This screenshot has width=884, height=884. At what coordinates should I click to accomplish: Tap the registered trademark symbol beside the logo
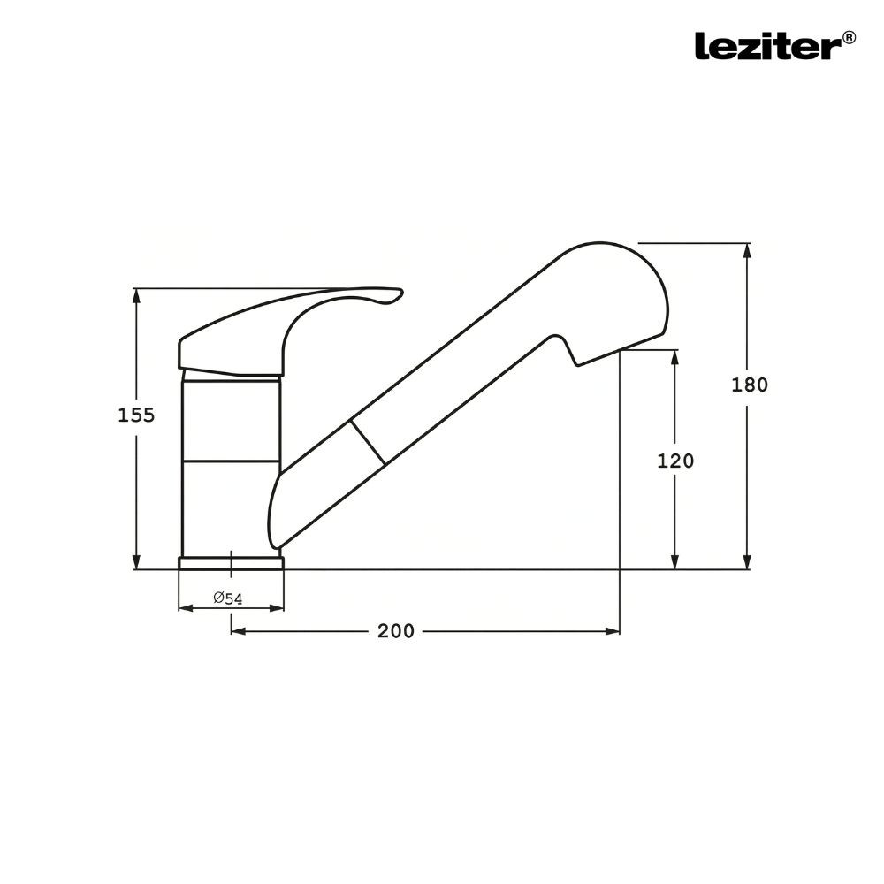point(849,37)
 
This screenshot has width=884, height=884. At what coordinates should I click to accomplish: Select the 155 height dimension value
point(136,415)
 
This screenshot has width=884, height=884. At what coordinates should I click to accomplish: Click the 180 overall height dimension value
point(750,385)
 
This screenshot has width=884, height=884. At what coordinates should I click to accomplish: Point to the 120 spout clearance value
point(675,461)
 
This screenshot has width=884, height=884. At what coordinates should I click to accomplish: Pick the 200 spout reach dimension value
point(395,631)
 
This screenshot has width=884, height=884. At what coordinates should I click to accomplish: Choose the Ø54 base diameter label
point(228,598)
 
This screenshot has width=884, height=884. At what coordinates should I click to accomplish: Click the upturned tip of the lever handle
point(394,295)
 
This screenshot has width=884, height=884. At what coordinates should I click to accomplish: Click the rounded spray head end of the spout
point(650,283)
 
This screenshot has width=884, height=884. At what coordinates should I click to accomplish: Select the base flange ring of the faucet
point(231,563)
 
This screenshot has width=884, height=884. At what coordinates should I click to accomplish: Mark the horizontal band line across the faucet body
point(231,461)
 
